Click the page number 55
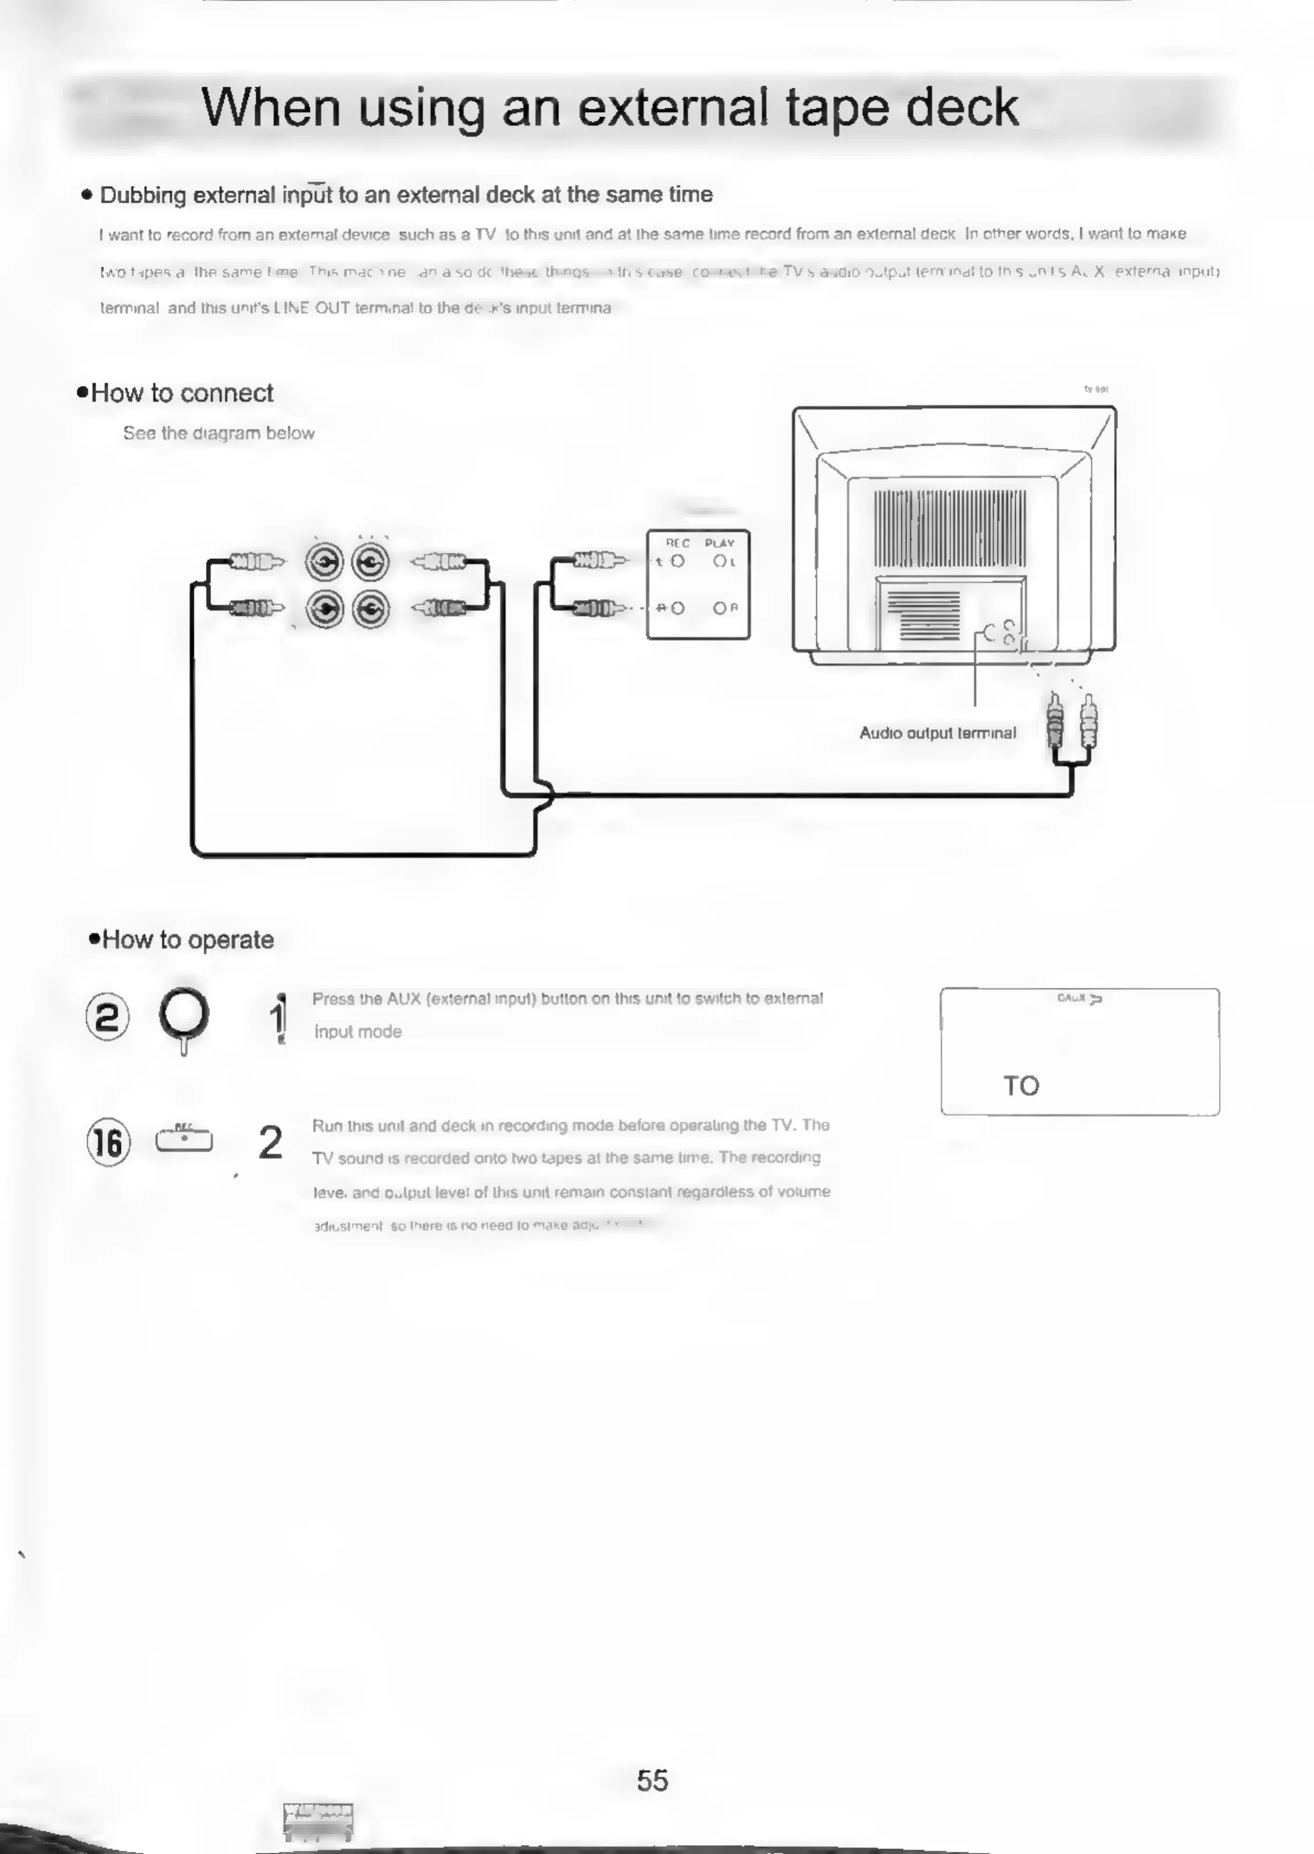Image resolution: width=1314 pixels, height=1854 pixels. (652, 1781)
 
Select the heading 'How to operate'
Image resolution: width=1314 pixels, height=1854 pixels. (187, 940)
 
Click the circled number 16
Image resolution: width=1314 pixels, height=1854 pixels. (108, 1142)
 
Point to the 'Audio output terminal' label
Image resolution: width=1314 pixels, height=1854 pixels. (937, 733)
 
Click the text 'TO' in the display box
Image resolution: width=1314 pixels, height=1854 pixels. (1021, 1085)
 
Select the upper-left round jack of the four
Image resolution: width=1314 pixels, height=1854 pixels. (325, 562)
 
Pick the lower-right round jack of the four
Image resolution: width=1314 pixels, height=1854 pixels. (370, 609)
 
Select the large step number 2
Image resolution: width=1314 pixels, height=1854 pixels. (270, 1142)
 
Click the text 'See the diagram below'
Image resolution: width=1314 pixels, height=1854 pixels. (219, 433)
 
